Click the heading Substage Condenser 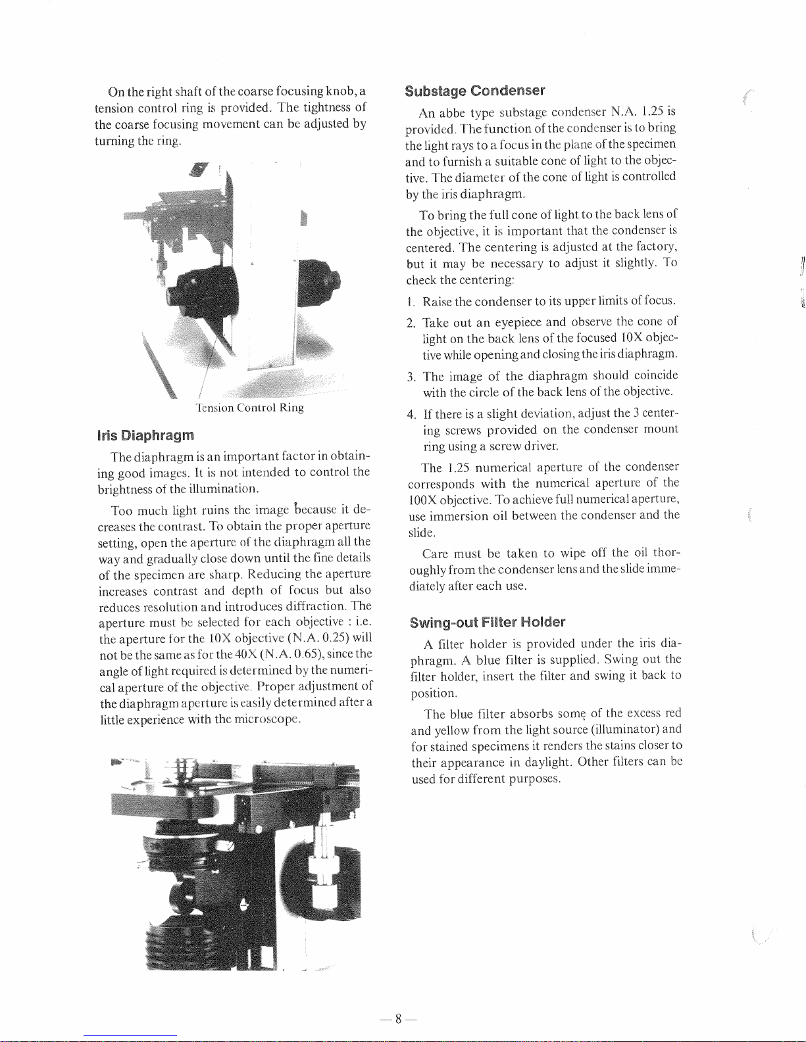[x=474, y=91]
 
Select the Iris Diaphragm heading [x=145, y=435]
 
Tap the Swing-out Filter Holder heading [x=488, y=623]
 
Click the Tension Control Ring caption [x=249, y=408]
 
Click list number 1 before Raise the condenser [x=410, y=302]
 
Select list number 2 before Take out [x=411, y=323]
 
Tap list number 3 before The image [x=411, y=377]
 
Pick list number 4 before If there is [x=412, y=414]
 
